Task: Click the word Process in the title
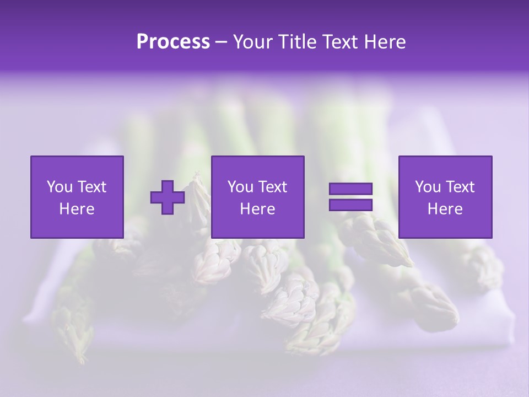[173, 42]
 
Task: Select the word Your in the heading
[253, 42]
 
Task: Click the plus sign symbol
[168, 197]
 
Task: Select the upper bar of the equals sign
[350, 189]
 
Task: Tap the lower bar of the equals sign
[350, 205]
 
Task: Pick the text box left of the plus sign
[77, 197]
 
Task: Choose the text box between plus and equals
[257, 197]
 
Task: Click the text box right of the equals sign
[445, 197]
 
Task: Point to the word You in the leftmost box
[60, 187]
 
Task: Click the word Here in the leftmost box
[77, 209]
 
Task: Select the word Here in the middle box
[257, 209]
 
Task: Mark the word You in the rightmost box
[428, 187]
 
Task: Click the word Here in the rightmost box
[445, 209]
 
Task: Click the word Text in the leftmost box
[92, 187]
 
